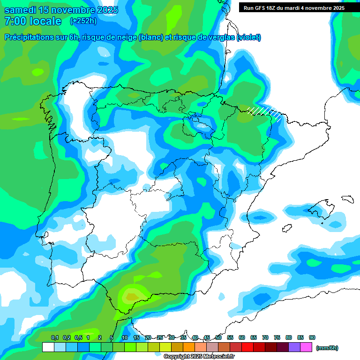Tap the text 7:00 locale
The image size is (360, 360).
pos(33,21)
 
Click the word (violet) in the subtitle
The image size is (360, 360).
pos(249,37)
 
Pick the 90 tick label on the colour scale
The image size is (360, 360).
pos(312,337)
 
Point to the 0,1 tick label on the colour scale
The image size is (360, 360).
pos(55,337)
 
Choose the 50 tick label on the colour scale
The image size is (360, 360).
pos(218,337)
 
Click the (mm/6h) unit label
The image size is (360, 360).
pos(327,348)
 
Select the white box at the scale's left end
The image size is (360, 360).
pos(48,347)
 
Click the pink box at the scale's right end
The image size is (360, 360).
pos(307,347)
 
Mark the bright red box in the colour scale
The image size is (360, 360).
pos(247,347)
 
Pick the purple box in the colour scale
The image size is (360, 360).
pos(294,347)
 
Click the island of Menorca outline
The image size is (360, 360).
pos(347,199)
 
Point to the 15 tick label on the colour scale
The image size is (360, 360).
pos(136,337)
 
